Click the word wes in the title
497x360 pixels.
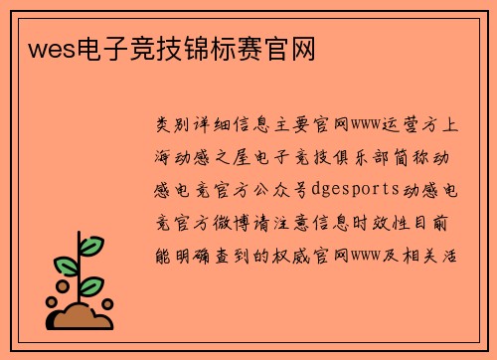click(43, 47)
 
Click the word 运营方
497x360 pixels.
click(411, 125)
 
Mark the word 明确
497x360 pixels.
click(203, 255)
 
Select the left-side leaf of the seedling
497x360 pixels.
click(66, 267)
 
